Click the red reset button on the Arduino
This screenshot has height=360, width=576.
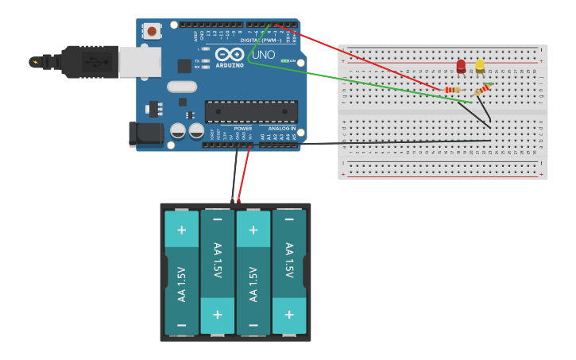[x=151, y=31]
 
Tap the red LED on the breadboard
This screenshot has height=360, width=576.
[x=461, y=67]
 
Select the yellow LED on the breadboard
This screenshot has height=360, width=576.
[x=480, y=67]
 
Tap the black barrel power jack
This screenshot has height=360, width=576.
[x=145, y=134]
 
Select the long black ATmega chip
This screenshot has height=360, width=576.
[x=251, y=111]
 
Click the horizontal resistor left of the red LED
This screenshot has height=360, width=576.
[x=453, y=90]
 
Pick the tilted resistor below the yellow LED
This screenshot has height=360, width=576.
[x=482, y=91]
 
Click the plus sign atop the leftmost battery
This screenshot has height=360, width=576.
[x=182, y=230]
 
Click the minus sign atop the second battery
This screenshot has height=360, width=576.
[x=218, y=219]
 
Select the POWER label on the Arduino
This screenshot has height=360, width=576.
[x=243, y=129]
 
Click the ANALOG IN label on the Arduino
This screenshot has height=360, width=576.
[x=281, y=129]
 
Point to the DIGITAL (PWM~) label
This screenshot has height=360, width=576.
[x=257, y=40]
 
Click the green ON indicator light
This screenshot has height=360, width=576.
[x=284, y=60]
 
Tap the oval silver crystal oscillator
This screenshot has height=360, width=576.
[x=181, y=86]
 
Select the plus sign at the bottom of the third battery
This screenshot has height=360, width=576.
[x=253, y=230]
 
